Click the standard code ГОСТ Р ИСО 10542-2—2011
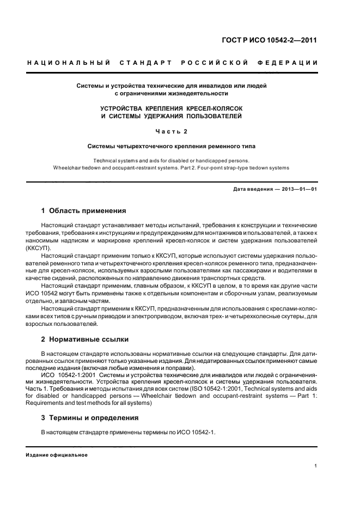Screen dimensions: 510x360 pyautogui.click(x=278, y=40)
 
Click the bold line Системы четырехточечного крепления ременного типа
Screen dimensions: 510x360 pyautogui.click(x=172, y=146)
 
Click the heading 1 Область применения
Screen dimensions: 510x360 pyautogui.click(x=84, y=210)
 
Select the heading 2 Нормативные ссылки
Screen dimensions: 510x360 pyautogui.click(x=85, y=339)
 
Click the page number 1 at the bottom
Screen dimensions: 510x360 pyautogui.click(x=316, y=466)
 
